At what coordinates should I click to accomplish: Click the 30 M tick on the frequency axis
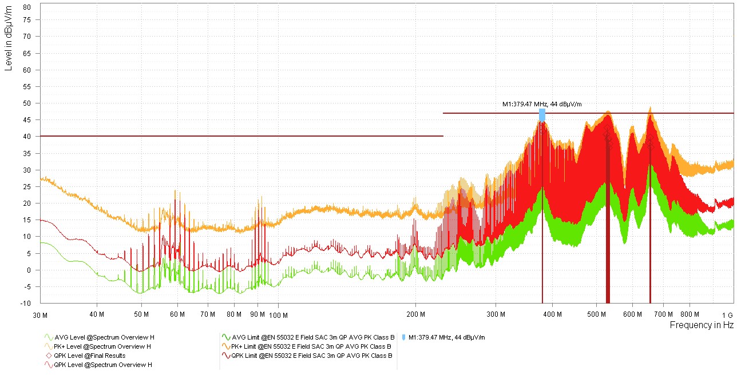click(40, 314)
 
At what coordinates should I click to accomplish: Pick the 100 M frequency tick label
click(278, 314)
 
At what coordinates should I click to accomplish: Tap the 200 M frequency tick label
click(415, 314)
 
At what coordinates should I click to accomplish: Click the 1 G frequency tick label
click(727, 314)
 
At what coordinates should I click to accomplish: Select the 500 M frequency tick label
click(597, 314)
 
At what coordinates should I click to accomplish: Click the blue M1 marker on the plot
click(542, 115)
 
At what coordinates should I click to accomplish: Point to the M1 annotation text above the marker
click(542, 104)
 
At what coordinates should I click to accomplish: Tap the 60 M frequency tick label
click(177, 314)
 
